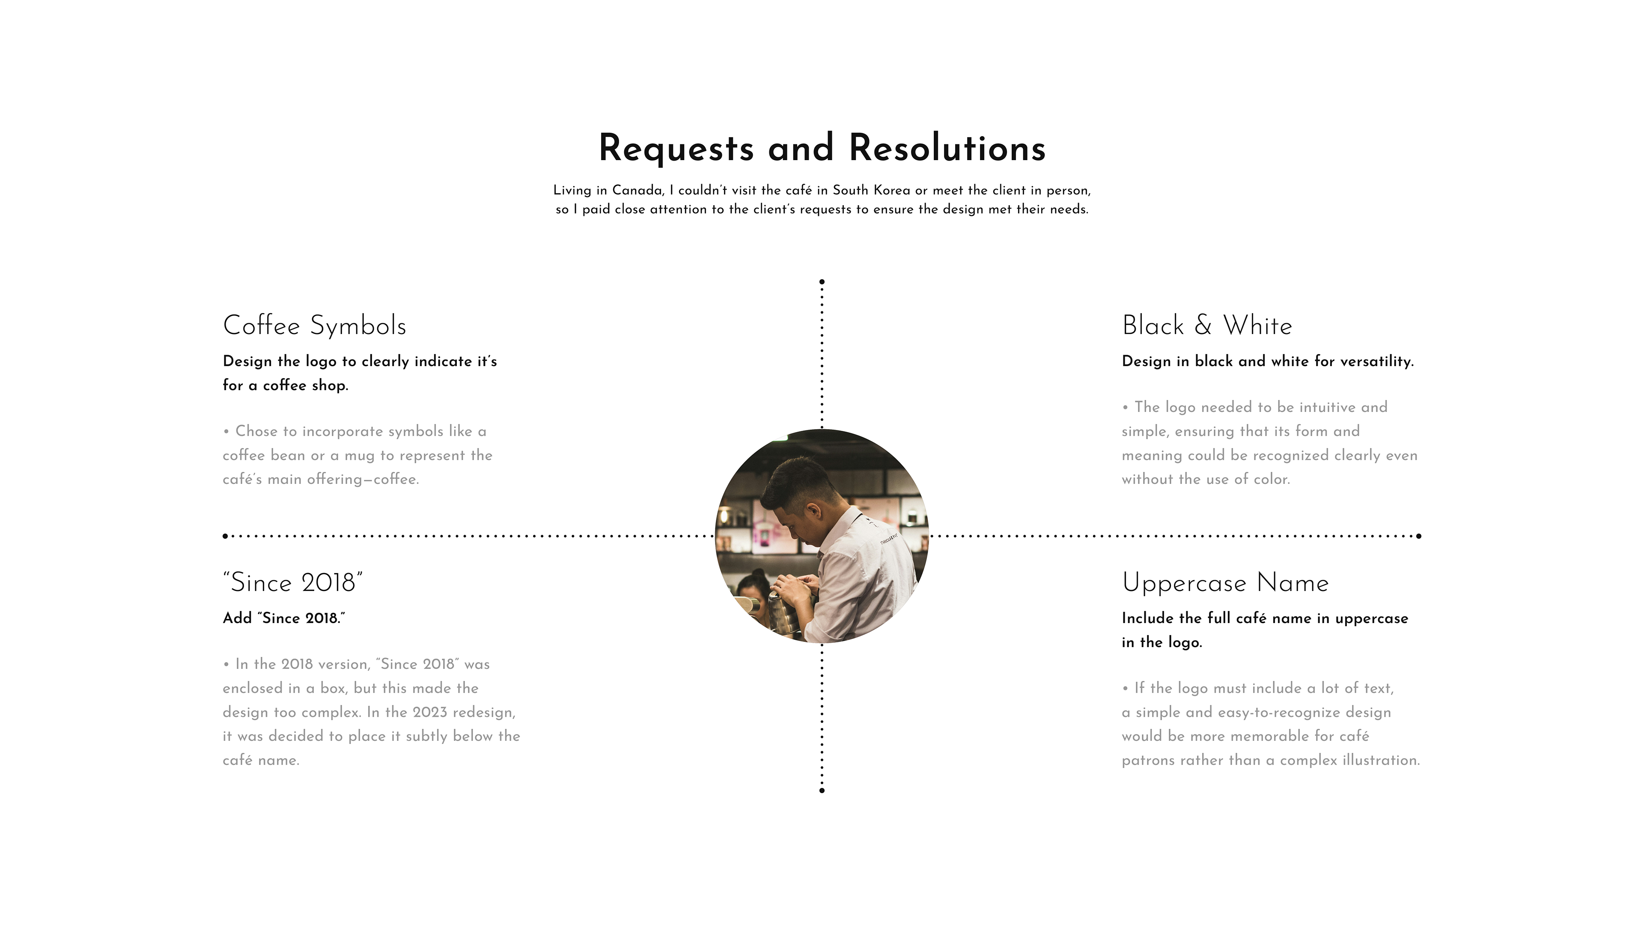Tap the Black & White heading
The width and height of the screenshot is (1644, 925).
[x=1207, y=325]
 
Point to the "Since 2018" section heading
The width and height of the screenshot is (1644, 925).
[x=293, y=583]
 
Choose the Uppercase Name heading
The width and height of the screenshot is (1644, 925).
[x=1225, y=583]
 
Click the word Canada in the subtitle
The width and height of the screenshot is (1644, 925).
[x=637, y=190]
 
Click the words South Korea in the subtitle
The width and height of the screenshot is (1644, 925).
[x=871, y=190]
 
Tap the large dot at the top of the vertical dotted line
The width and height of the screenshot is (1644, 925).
[x=822, y=281]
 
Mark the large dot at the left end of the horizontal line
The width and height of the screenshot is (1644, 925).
[x=225, y=536]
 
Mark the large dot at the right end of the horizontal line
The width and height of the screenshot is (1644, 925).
[x=1419, y=536]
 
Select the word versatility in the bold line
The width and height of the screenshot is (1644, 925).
[x=1376, y=361]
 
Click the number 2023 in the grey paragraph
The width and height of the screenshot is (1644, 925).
[x=429, y=713]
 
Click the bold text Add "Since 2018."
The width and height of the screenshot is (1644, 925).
[x=284, y=618]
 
